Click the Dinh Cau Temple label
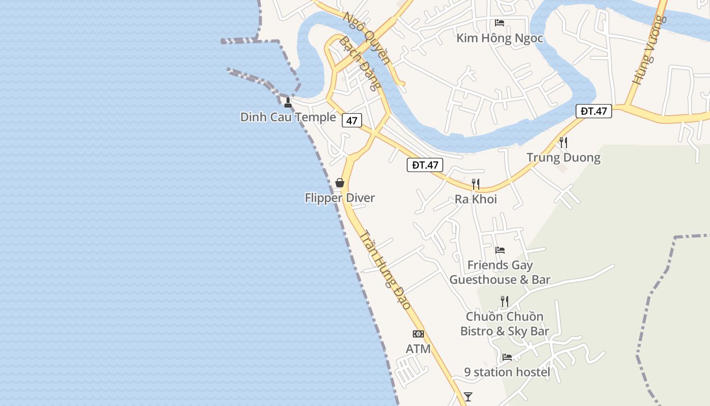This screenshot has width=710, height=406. pos(288,117)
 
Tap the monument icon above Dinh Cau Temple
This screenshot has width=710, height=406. pos(288,103)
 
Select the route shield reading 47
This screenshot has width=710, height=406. pos(352,120)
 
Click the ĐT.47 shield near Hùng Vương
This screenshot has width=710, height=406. pos(594,111)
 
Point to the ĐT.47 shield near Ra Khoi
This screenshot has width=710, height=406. pos(425,165)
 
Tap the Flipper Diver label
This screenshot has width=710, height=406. pos(340,197)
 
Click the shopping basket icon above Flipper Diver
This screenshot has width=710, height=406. pos(340,183)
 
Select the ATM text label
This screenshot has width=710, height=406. pos(418,349)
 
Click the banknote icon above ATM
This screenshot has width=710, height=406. pos(418,334)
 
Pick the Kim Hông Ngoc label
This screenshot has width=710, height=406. pos(500,38)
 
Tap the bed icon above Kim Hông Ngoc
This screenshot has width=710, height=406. pos(500,23)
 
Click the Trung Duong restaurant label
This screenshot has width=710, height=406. pos(563,157)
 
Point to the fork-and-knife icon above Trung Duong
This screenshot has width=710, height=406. pos(563,142)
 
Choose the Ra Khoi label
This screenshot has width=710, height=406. pos(476,199)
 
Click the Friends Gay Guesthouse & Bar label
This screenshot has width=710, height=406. pos(500,272)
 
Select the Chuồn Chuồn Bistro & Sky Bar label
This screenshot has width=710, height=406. pos(505,324)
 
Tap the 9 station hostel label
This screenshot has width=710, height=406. pos(507,372)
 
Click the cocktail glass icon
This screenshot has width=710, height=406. pos(468,396)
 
